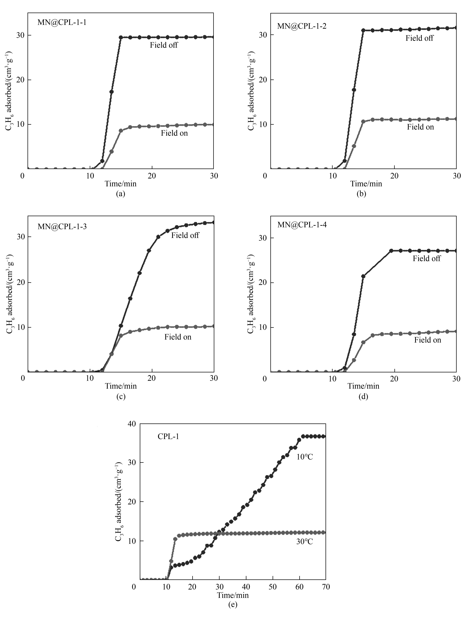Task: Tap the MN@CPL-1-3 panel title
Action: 62,226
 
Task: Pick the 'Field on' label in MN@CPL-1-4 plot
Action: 427,340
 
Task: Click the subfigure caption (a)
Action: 121,194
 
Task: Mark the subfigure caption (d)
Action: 363,397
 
